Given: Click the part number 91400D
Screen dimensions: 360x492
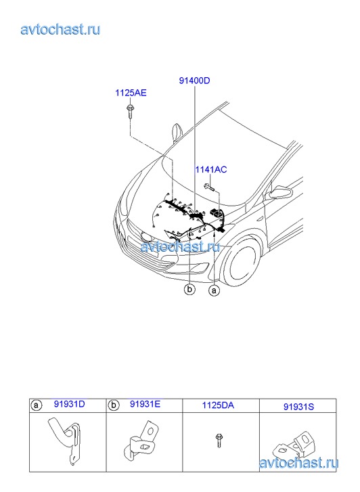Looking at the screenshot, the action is point(194,81).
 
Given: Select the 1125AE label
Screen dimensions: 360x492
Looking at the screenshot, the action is point(131,93).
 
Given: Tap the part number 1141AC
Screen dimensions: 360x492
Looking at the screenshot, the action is point(211,169).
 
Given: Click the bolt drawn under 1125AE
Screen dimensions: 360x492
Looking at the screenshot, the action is point(129,112).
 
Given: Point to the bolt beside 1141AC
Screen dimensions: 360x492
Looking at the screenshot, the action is point(209,187).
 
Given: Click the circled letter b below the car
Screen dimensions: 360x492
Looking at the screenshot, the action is point(189,289).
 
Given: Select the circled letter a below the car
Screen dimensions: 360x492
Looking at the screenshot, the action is point(214,290).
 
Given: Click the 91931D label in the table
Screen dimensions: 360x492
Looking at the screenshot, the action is point(70,404).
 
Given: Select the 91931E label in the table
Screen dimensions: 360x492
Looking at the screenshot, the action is point(145,404).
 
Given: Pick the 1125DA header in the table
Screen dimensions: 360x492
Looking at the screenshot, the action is point(218,405).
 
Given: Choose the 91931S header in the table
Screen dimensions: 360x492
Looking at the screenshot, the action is point(298,407).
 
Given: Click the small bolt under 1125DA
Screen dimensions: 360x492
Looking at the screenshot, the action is point(219,441).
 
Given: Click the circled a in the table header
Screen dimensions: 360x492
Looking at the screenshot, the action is point(37,405).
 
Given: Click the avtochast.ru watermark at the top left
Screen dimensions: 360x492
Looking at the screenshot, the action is point(61,29).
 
